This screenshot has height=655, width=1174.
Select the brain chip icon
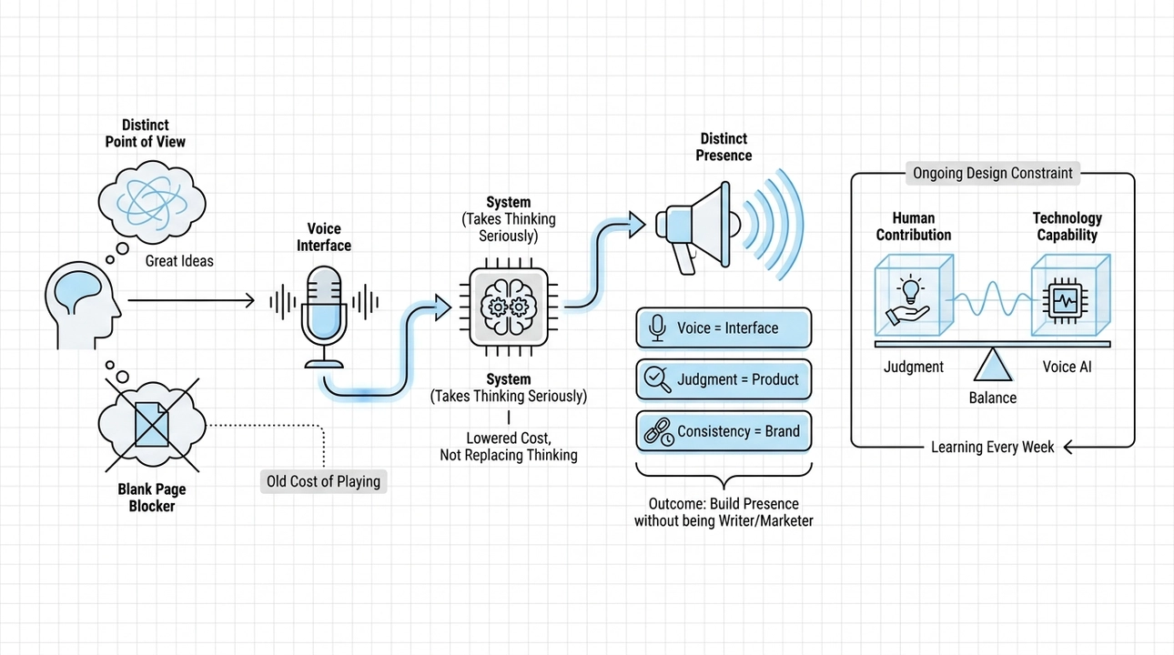pos(509,307)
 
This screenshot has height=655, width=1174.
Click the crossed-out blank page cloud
pos(152,425)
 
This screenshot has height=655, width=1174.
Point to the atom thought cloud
pos(152,202)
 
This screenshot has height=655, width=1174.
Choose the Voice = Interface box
pos(724,328)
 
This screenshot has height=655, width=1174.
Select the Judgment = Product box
pos(724,379)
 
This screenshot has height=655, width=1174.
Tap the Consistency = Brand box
pos(724,431)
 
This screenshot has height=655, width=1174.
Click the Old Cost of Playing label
pos(323,481)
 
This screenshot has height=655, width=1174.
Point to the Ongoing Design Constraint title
pos(993,174)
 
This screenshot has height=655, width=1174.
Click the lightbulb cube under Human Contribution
pos(914,296)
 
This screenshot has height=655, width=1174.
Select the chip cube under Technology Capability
pos(1071,296)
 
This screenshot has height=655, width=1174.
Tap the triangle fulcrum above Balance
pos(993,365)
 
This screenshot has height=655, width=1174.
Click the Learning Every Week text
pos(992,447)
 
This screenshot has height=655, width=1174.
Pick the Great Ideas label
pos(179,261)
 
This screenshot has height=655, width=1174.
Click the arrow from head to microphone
pos(191,300)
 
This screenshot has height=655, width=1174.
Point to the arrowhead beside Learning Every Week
pos(1070,447)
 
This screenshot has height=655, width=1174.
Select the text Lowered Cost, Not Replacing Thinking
pos(509,447)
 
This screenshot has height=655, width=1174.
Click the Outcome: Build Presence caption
pos(724,512)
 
